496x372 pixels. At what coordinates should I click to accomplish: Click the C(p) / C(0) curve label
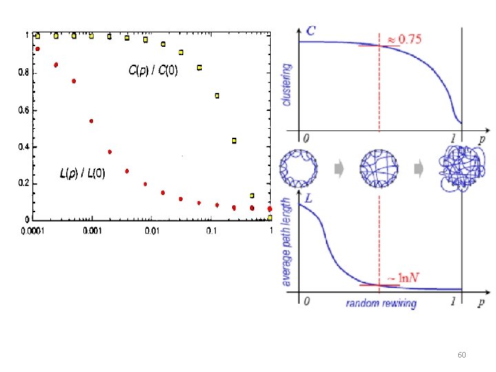(x=153, y=70)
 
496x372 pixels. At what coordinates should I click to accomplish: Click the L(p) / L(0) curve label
(x=82, y=174)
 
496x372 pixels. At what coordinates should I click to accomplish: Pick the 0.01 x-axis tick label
(x=152, y=231)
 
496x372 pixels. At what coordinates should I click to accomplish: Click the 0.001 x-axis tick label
(x=92, y=231)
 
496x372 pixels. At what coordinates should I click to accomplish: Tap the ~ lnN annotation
(x=402, y=277)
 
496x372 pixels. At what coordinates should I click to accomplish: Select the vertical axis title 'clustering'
(x=287, y=85)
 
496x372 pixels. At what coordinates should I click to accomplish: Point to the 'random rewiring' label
(x=381, y=303)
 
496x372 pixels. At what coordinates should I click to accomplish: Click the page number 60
(x=462, y=355)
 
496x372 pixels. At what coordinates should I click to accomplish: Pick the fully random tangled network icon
(x=458, y=169)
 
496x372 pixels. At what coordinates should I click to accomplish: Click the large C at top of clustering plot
(x=311, y=30)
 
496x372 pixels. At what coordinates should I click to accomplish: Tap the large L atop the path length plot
(x=309, y=198)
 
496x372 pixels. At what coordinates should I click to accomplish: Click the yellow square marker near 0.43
(x=234, y=141)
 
